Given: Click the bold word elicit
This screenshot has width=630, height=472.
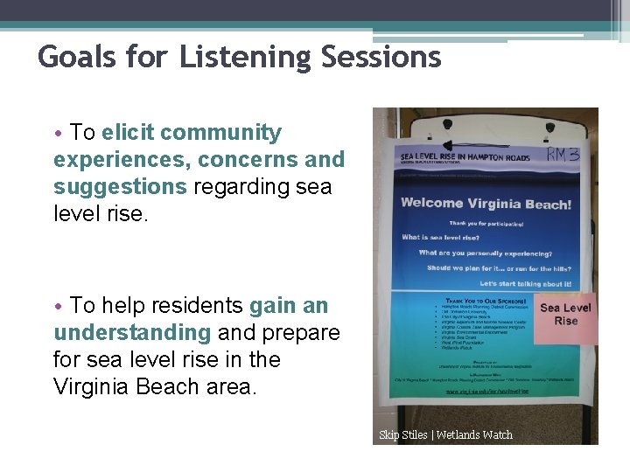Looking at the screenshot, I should [128, 133].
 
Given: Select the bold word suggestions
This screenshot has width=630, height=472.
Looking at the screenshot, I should [120, 187].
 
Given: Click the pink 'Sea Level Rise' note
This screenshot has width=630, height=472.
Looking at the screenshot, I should [565, 315].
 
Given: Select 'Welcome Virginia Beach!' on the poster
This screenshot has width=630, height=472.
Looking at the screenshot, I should [486, 204].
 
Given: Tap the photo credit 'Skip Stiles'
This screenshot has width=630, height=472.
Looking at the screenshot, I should [403, 435].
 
